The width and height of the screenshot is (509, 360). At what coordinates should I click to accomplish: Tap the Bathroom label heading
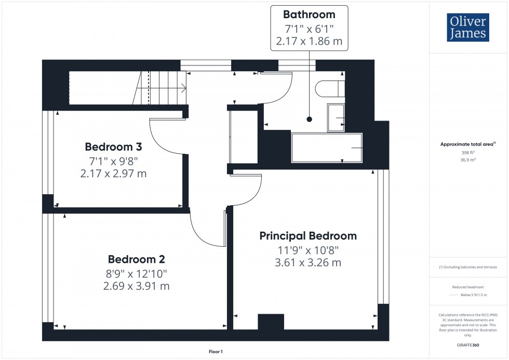pos(309,15)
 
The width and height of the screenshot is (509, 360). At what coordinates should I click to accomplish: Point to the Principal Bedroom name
pos(308,236)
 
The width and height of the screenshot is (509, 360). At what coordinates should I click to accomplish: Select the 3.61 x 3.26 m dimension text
pos(308,263)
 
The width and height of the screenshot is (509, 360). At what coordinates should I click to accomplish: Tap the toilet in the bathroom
pos(329,88)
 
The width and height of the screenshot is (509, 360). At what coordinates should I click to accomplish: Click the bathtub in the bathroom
pos(327,148)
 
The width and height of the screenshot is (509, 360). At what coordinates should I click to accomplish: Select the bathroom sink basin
pos(336,117)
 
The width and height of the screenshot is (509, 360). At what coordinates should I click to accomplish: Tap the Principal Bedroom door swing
pos(246,190)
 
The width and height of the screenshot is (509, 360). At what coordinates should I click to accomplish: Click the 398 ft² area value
pos(468,153)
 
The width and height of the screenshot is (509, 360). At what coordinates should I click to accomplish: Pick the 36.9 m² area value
pos(468,160)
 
